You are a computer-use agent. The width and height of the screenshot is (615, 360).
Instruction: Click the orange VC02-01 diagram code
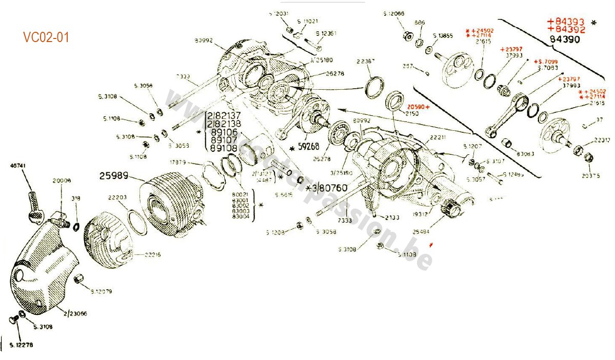(x=46, y=37)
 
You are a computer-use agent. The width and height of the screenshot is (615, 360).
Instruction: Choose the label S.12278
(x=21, y=345)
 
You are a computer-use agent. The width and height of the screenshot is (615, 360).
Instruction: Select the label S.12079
(x=101, y=291)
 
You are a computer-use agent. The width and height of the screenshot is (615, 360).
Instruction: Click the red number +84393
(x=566, y=22)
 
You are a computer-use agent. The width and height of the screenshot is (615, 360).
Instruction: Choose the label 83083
(x=525, y=153)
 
